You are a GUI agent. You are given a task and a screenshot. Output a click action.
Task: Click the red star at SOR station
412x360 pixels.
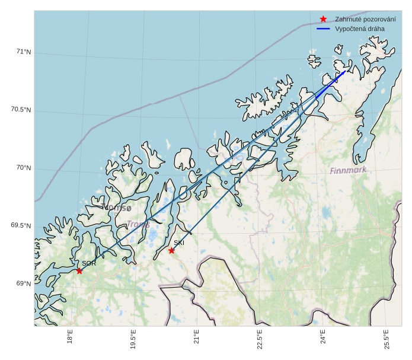79,271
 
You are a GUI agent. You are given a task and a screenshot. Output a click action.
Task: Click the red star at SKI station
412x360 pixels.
171,250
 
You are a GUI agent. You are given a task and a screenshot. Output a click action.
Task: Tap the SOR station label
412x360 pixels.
89,263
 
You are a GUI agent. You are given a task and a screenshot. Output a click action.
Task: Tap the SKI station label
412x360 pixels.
179,243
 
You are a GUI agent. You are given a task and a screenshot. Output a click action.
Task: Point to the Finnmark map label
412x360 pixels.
348,170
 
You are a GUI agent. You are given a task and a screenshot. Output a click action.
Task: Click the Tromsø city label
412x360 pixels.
116,208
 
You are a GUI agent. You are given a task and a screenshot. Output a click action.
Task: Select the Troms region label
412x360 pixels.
139,224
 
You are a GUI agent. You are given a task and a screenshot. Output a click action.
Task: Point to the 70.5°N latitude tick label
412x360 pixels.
21,110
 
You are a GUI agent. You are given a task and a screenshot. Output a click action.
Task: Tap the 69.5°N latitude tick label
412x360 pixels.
21,225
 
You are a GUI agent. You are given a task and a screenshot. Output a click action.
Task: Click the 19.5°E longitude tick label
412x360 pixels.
133,340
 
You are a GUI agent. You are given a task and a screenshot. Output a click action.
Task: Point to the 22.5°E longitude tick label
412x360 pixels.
260,340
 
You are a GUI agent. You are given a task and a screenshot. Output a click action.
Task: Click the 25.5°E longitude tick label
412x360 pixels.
386,340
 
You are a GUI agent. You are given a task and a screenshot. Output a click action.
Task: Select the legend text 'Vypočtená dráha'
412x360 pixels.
359,28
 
